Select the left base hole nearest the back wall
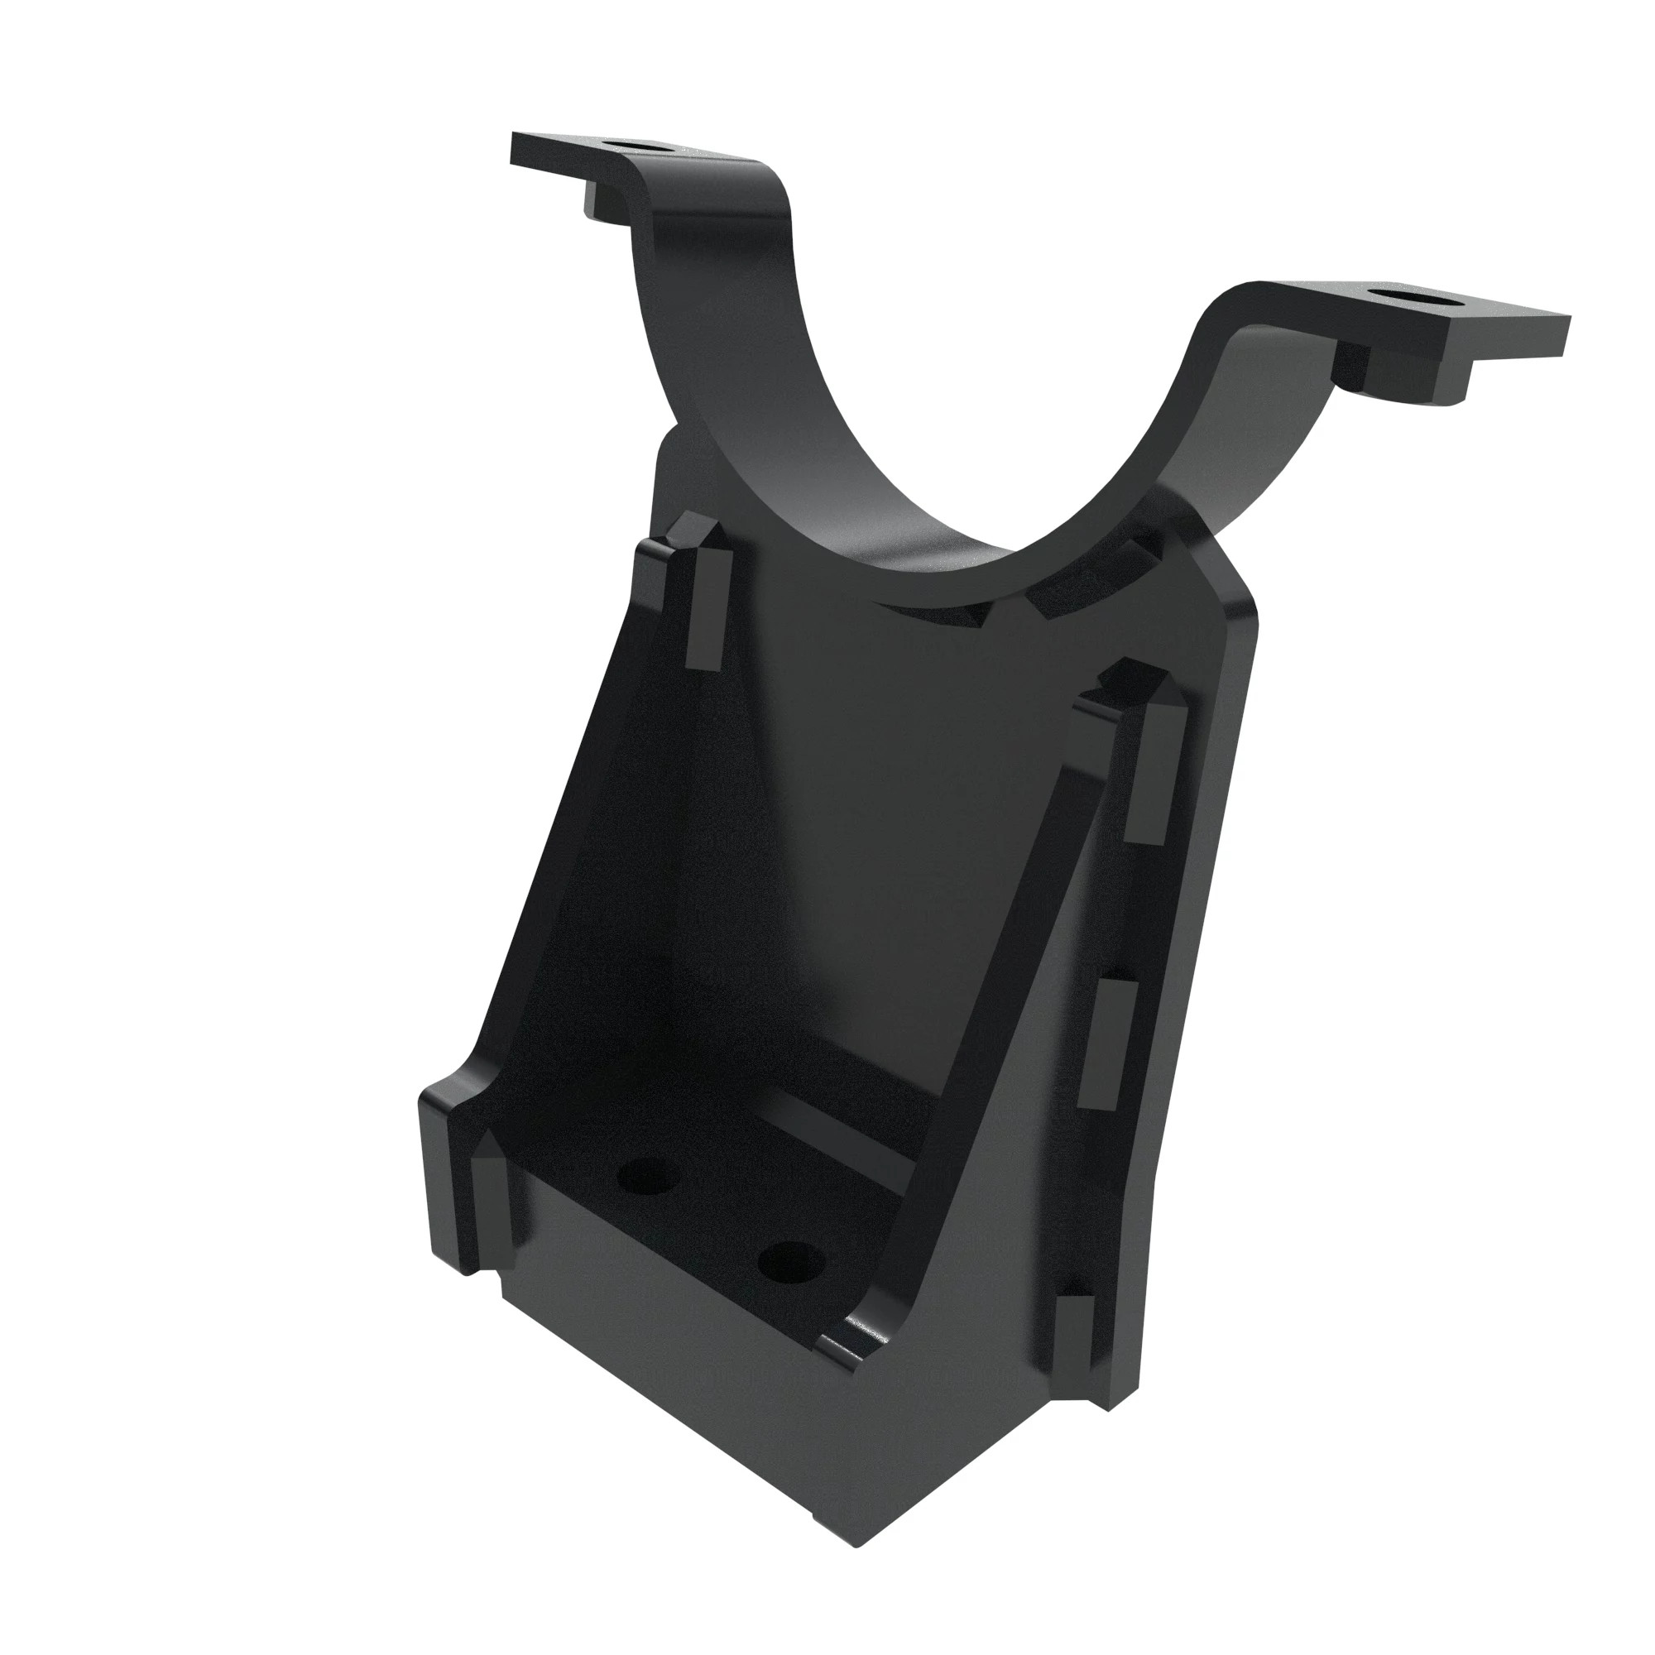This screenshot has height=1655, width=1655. (647, 1178)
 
